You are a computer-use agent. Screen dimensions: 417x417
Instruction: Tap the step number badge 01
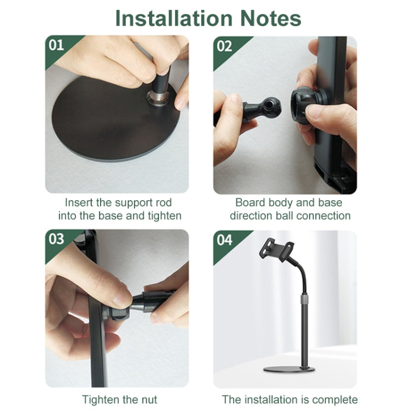(x=57, y=45)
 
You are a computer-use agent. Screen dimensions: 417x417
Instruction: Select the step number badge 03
(x=57, y=239)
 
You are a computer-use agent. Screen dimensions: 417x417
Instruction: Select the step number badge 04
(x=225, y=239)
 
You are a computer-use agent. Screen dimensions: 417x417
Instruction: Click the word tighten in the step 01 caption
(x=164, y=216)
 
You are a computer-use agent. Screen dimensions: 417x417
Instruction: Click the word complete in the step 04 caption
(x=335, y=399)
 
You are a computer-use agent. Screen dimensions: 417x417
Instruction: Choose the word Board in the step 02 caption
(x=250, y=202)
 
